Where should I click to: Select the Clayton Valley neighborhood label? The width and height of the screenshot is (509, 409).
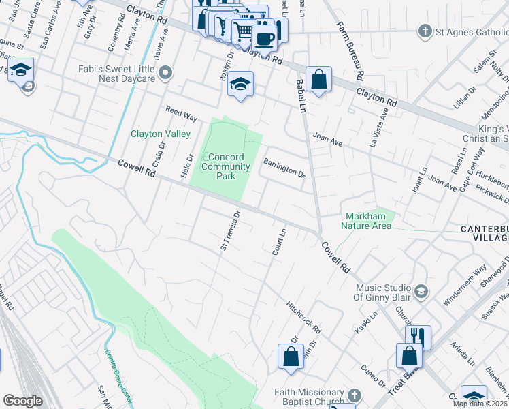(x=161, y=134)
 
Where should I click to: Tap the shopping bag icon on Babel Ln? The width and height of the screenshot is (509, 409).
(x=318, y=79)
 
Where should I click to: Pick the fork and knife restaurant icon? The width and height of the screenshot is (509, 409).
(x=418, y=337)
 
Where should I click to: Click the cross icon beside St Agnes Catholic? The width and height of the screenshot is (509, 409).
(x=425, y=31)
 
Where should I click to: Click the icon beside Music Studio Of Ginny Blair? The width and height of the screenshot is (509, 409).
(x=421, y=292)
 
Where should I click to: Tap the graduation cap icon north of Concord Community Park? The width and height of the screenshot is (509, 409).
(x=240, y=84)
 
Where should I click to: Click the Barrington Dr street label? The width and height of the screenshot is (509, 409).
(x=284, y=168)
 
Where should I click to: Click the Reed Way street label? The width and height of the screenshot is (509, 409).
(x=181, y=114)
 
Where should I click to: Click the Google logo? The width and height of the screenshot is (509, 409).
(x=22, y=401)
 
